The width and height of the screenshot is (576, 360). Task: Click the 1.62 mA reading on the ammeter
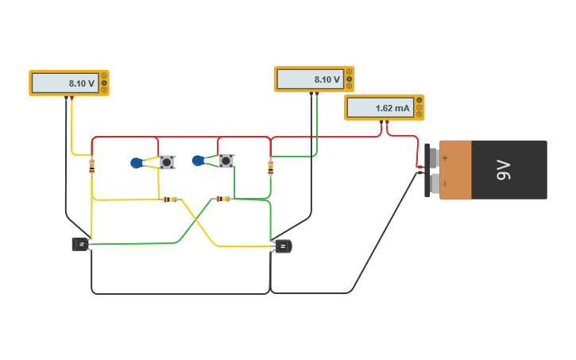(392, 107)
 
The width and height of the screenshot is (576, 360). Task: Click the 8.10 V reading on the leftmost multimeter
(81, 83)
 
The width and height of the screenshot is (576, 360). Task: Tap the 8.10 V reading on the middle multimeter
(327, 79)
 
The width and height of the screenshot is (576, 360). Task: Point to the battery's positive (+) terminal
(434, 157)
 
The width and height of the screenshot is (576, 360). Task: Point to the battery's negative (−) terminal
(434, 184)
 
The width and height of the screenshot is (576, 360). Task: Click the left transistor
(80, 244)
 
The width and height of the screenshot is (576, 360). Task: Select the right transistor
(283, 246)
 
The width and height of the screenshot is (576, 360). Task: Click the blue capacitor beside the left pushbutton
(137, 163)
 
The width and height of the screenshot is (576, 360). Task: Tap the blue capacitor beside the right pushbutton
(198, 161)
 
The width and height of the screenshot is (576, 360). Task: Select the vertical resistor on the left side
(92, 166)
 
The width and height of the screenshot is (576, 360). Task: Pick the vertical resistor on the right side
(271, 168)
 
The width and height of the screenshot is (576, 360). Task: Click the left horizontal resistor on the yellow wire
(169, 199)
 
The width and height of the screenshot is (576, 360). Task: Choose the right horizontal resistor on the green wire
(223, 199)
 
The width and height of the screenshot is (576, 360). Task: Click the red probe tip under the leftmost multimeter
(72, 99)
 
